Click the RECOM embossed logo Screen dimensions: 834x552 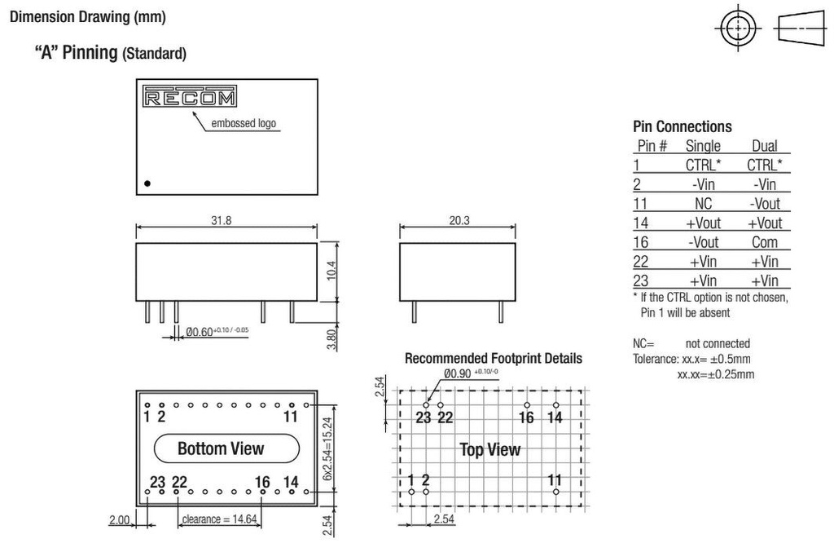(x=189, y=96)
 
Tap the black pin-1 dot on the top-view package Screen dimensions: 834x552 (x=147, y=183)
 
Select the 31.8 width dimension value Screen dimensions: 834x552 (x=222, y=220)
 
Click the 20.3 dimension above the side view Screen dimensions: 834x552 (x=459, y=220)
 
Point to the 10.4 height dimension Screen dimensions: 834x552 (x=331, y=271)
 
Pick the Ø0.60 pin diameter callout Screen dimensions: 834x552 (x=217, y=332)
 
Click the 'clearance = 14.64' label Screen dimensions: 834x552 (x=219, y=519)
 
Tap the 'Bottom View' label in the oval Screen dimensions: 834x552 (x=221, y=448)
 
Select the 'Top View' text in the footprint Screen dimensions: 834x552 (x=489, y=450)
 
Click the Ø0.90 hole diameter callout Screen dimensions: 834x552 (x=471, y=373)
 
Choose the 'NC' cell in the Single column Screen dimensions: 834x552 (x=703, y=203)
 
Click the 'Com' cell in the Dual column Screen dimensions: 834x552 (x=764, y=242)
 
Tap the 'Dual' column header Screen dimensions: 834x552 (x=764, y=146)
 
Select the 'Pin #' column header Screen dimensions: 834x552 (x=652, y=146)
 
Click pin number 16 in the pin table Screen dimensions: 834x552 (x=640, y=242)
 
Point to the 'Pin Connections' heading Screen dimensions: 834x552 (x=683, y=126)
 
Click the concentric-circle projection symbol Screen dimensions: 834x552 (x=738, y=28)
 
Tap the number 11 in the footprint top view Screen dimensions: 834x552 (x=555, y=479)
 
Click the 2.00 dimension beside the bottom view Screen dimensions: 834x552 (x=119, y=520)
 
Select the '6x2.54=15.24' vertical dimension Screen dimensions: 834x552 (x=327, y=448)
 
